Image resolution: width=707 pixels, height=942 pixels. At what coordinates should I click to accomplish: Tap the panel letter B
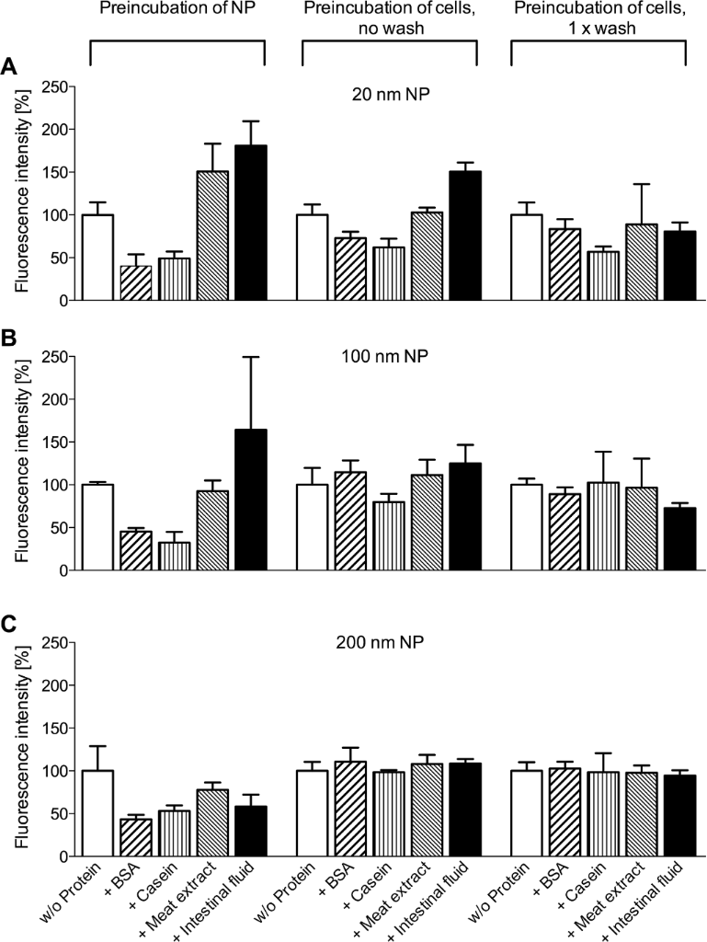pos(9,338)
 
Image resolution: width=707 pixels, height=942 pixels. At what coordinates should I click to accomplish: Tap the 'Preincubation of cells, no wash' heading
pos(390,21)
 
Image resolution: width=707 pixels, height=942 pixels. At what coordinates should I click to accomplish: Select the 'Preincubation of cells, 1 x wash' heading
pos(599,21)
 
